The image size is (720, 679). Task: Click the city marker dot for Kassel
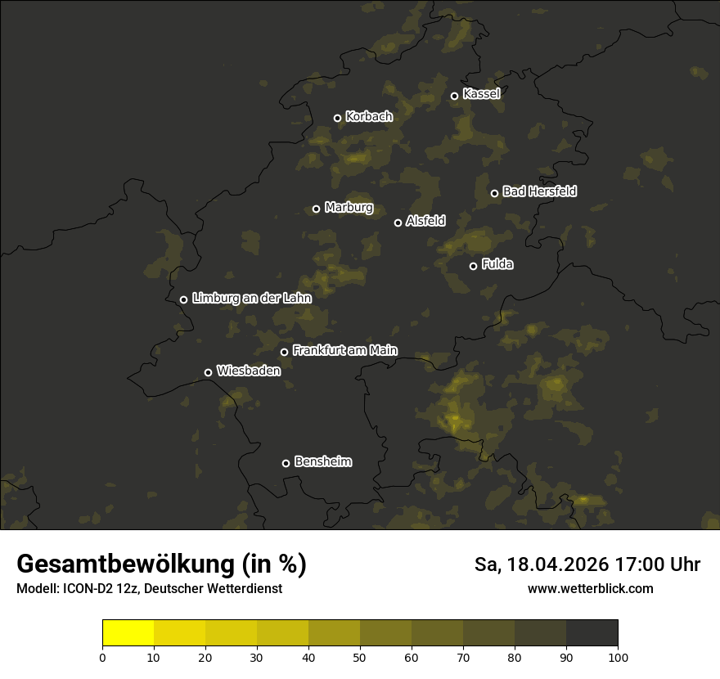pos(455,96)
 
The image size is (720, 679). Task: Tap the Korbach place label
pos(369,117)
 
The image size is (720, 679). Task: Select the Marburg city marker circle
pos(316,209)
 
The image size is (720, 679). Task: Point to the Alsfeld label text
pos(425,221)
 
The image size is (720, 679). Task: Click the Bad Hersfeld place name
pos(539,191)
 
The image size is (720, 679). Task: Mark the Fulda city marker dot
pos(473,266)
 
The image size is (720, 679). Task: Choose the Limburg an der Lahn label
pos(252,299)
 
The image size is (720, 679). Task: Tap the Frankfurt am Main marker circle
pos(285,352)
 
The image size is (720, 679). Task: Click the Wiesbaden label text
pos(249,371)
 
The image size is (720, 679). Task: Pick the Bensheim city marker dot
pos(286,463)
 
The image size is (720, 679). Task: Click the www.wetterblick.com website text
pos(590,588)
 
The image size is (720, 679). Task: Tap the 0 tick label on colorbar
pos(102,657)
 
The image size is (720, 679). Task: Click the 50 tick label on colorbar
pos(360,657)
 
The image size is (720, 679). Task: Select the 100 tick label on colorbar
pos(618,657)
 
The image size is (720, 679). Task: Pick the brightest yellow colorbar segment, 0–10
pos(128,633)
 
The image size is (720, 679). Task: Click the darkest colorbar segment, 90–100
pos(592,633)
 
